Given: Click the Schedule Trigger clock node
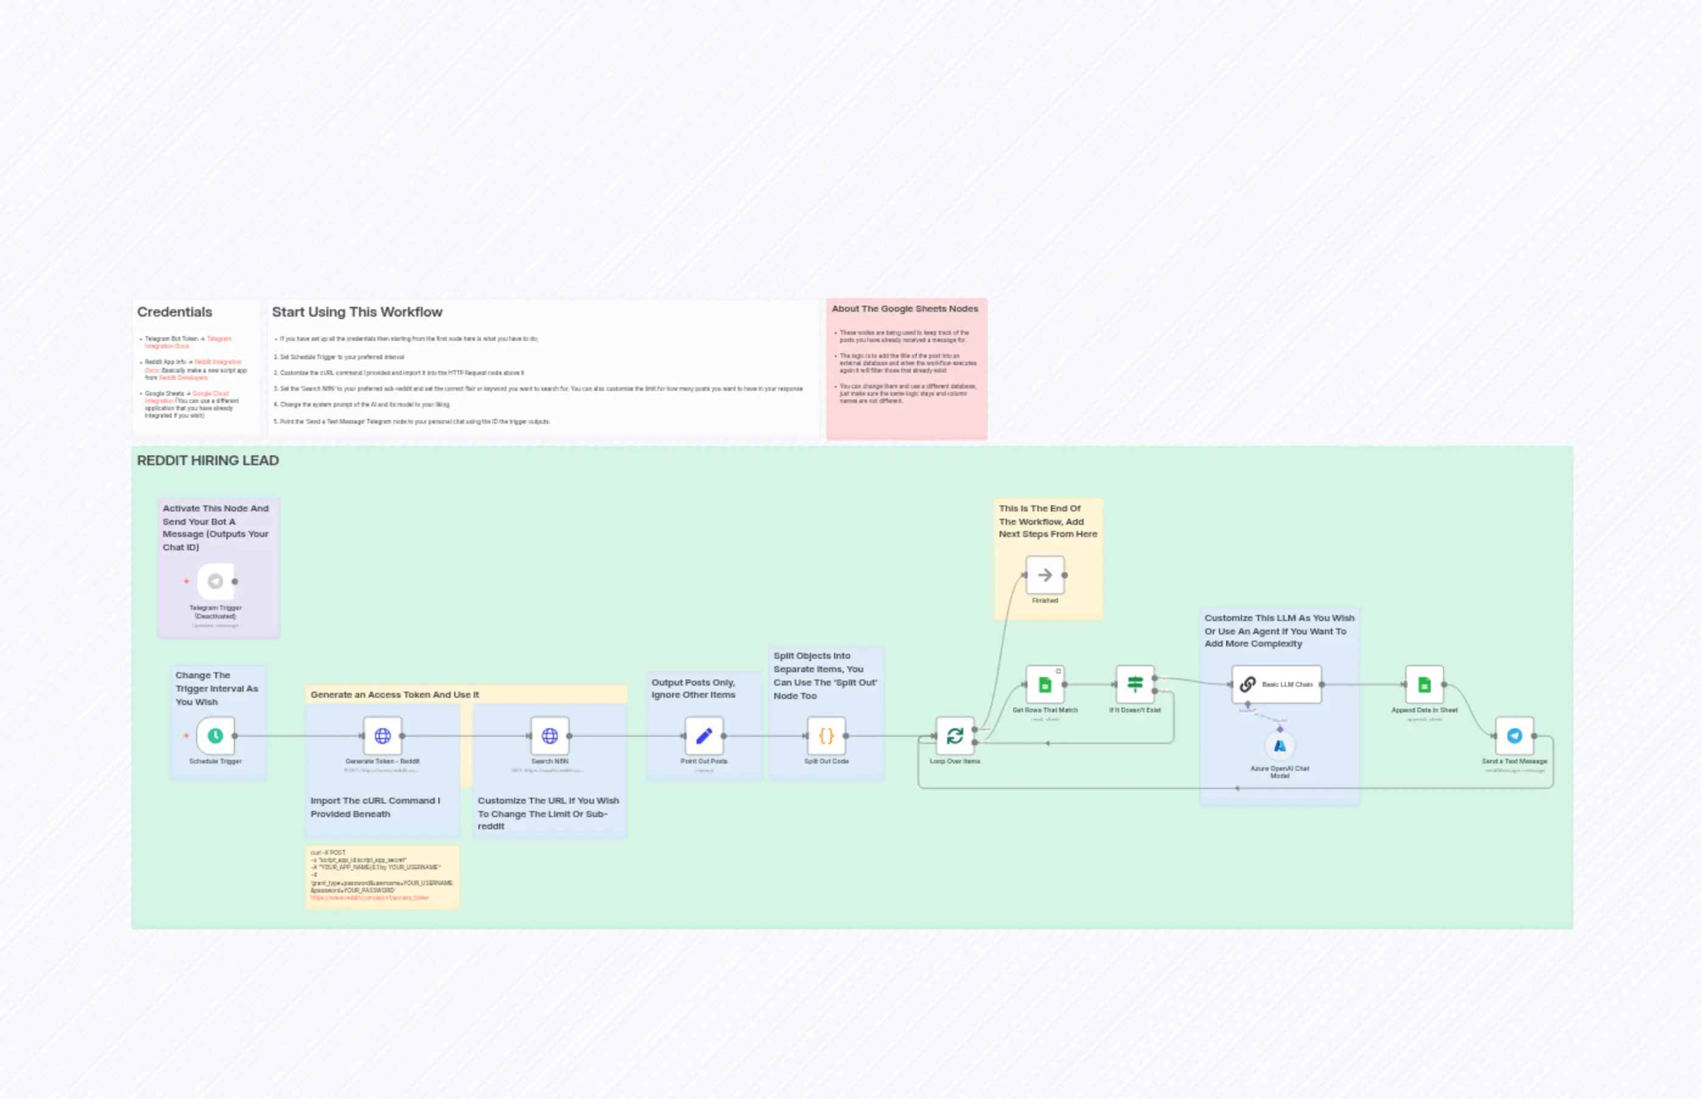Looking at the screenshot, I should (x=215, y=736).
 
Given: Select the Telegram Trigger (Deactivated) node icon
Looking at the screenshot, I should (x=215, y=581).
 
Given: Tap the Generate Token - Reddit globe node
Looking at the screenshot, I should (x=382, y=736).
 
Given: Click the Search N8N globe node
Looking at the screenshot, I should (x=549, y=736).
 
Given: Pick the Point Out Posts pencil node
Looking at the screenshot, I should (x=704, y=736).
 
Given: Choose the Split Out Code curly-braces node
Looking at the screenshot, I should (x=826, y=736).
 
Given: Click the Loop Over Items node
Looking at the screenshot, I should (x=955, y=736).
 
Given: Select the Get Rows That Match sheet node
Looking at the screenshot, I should (x=1045, y=684).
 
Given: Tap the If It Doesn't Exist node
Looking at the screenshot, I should (x=1134, y=684).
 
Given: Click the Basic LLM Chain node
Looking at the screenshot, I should (x=1276, y=684).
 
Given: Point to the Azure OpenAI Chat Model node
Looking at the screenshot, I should (x=1279, y=746).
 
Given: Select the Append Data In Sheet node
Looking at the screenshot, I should (x=1424, y=684).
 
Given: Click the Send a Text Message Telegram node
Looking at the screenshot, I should (x=1514, y=736).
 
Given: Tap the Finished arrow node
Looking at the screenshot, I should (x=1045, y=575).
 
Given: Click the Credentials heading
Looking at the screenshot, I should (x=175, y=312).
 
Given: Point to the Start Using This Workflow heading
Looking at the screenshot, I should (x=357, y=312).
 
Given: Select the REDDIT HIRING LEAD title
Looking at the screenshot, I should (x=208, y=460).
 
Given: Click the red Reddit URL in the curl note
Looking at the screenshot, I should (x=370, y=897).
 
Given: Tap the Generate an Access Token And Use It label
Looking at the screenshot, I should (x=395, y=694).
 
